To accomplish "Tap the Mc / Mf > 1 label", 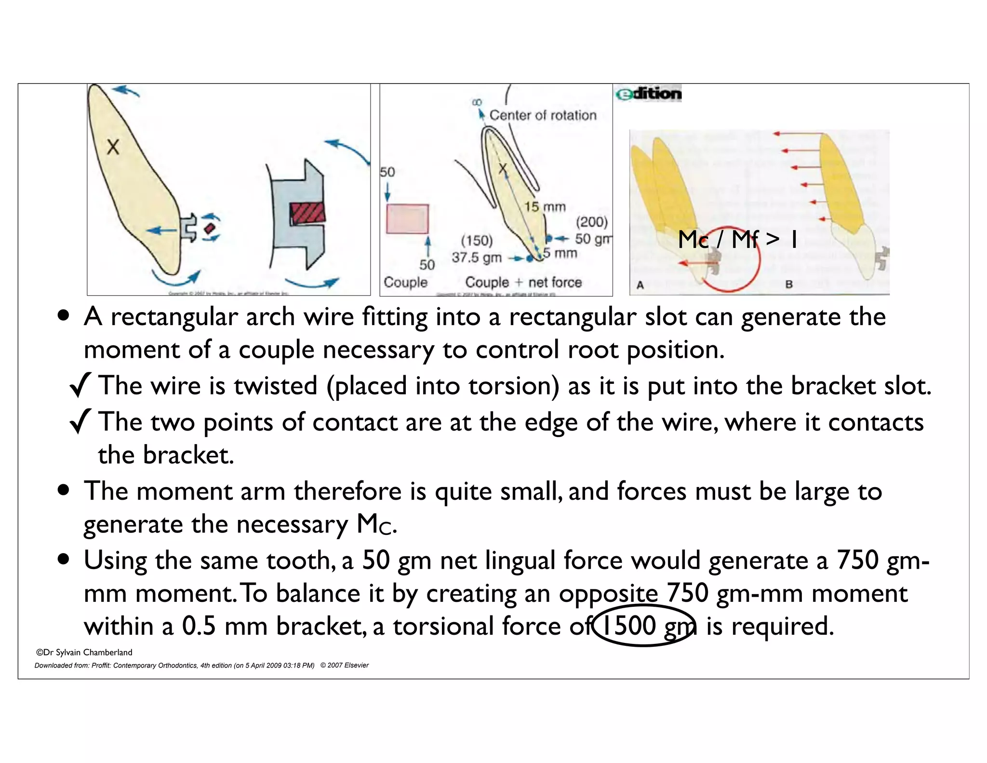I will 737,239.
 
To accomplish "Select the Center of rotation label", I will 543,115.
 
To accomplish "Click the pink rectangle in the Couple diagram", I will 407,219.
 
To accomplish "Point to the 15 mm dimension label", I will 545,207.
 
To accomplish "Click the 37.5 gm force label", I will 476,258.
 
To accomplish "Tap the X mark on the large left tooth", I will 113,147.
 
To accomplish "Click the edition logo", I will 649,94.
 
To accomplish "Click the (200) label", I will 592,222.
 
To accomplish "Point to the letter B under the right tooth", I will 789,284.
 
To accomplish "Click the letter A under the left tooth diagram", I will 640,285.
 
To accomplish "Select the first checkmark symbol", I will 80,386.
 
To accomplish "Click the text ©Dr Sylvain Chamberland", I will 84,653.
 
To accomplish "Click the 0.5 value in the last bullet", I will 199,627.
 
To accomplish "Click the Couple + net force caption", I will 523,282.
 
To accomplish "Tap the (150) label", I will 477,241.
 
